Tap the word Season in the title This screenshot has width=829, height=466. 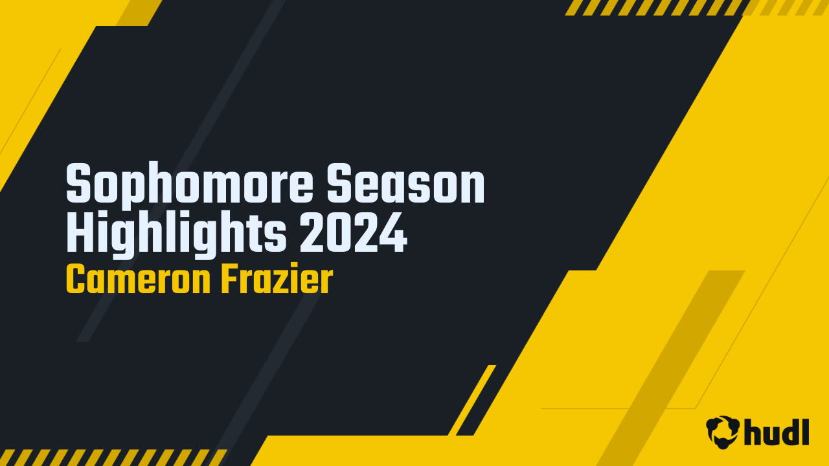pyautogui.click(x=405, y=185)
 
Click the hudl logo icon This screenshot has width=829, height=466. pyautogui.click(x=723, y=431)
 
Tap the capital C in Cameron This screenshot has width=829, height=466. pyautogui.click(x=76, y=280)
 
